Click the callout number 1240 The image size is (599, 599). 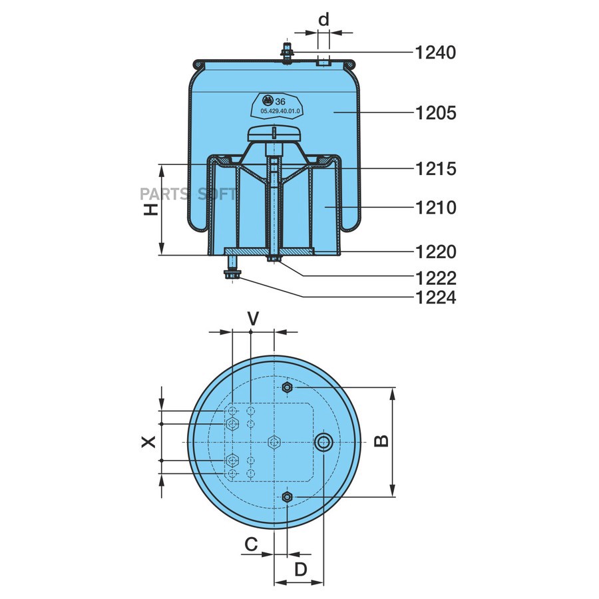pyautogui.click(x=435, y=52)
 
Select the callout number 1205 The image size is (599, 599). pyautogui.click(x=435, y=113)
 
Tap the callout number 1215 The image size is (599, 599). pyautogui.click(x=435, y=168)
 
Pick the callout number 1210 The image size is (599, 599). pyautogui.click(x=435, y=208)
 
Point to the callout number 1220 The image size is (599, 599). pyautogui.click(x=435, y=252)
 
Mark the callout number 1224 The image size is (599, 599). pyautogui.click(x=435, y=298)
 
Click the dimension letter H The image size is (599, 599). pyautogui.click(x=152, y=210)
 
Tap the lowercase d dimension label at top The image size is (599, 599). pyautogui.click(x=323, y=20)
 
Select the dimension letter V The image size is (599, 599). pyautogui.click(x=252, y=319)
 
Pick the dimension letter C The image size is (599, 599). pyautogui.click(x=250, y=544)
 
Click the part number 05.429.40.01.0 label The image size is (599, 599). pyautogui.click(x=280, y=111)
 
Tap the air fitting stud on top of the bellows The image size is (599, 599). pyautogui.click(x=288, y=53)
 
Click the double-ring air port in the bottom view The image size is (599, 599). pyautogui.click(x=324, y=441)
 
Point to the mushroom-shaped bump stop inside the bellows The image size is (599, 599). pyautogui.click(x=274, y=133)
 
